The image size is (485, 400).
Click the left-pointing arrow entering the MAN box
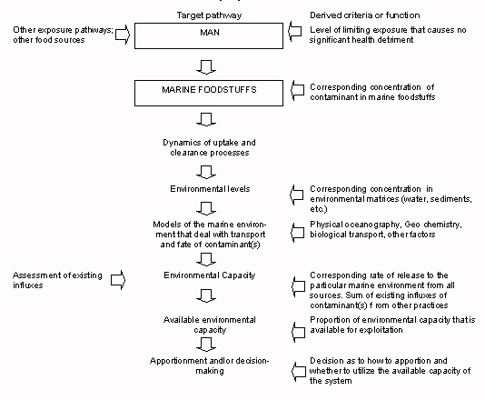(x=293, y=35)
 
